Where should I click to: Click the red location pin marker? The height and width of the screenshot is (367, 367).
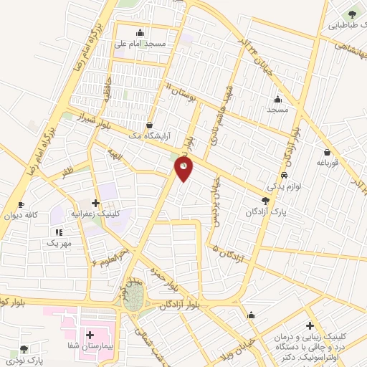[184, 169]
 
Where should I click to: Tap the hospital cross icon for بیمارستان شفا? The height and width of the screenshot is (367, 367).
[91, 335]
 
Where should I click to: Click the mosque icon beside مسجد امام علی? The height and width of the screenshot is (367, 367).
[139, 32]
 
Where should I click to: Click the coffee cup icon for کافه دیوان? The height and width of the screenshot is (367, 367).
[21, 204]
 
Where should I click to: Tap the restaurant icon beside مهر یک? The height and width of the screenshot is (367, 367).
[59, 232]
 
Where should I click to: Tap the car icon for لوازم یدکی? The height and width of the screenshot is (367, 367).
[285, 176]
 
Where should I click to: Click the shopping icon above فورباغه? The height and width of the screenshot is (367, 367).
[328, 152]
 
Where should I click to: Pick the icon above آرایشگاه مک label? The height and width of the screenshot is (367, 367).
[150, 123]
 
